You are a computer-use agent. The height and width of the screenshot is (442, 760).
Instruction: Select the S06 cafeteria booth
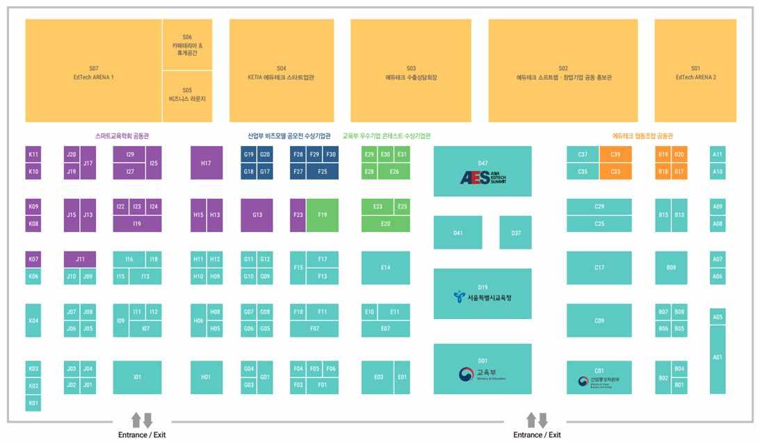tap(187, 44)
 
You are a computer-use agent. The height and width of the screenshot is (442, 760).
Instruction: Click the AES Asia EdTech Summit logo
tap(483, 177)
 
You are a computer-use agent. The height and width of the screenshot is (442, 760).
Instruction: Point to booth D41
tap(458, 233)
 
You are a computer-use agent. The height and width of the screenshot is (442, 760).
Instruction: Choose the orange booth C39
tap(615, 154)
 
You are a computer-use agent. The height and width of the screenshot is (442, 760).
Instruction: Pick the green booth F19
tap(323, 215)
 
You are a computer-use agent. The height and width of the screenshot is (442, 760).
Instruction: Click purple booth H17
tap(207, 163)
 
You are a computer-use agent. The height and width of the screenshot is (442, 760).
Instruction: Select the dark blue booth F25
tap(323, 172)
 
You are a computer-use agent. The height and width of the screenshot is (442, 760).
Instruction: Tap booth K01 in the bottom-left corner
tap(33, 403)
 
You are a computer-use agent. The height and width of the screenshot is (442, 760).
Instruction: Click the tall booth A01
tap(718, 358)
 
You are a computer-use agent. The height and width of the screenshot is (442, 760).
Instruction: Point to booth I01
tap(137, 377)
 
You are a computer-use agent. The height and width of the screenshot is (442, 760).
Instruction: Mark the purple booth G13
tap(257, 215)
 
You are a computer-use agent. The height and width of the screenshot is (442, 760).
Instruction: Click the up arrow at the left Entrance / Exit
tap(136, 420)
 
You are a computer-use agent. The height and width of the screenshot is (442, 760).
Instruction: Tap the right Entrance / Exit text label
tap(537, 435)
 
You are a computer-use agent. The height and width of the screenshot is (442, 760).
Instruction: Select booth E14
tap(385, 268)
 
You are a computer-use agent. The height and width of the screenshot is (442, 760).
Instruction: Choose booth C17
tap(599, 268)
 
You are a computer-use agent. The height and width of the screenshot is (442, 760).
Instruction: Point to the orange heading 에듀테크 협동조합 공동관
tap(642, 136)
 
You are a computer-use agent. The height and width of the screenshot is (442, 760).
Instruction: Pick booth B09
tap(671, 268)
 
